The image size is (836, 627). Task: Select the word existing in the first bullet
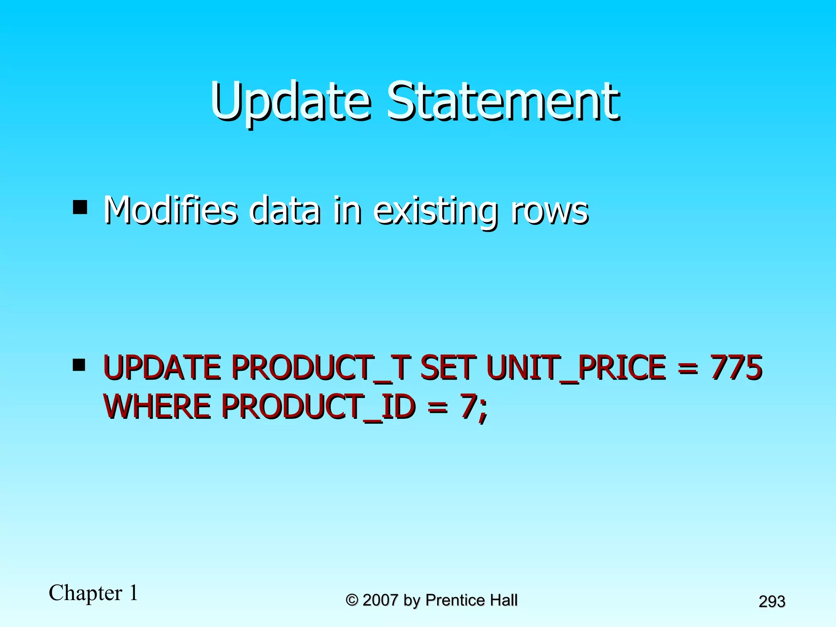tap(435, 211)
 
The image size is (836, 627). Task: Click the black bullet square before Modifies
tap(80, 207)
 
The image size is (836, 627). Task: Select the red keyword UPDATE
tap(162, 367)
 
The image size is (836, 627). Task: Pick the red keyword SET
tap(448, 367)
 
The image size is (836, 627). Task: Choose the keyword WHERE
tap(157, 407)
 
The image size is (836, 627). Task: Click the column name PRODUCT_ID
tap(318, 407)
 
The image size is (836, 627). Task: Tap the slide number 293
tap(772, 601)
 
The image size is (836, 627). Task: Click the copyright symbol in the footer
tap(352, 600)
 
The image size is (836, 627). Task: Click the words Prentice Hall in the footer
tap(471, 600)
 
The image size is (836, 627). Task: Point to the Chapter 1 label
tap(93, 593)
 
